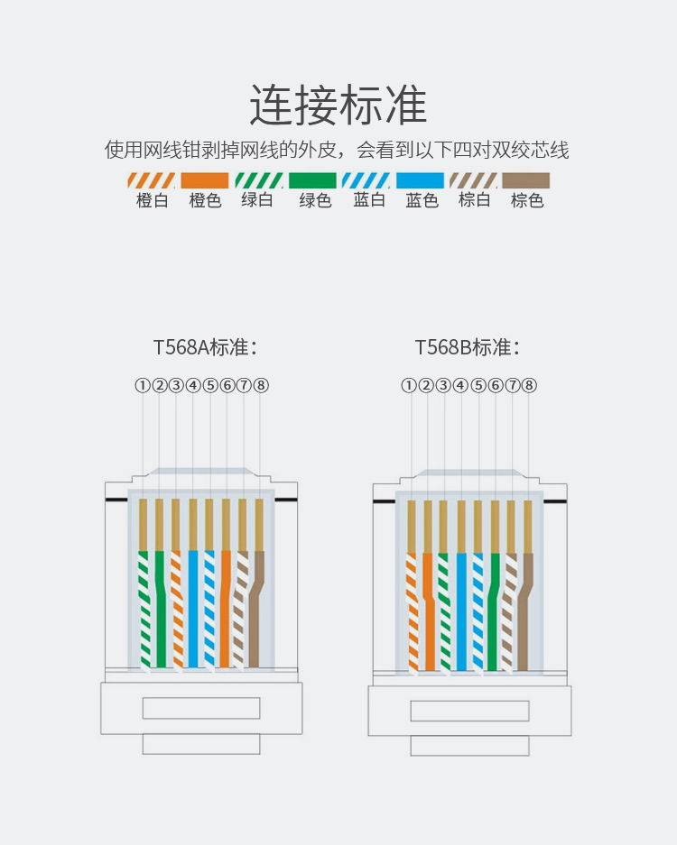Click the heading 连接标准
coord(338,105)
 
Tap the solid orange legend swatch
coord(205,179)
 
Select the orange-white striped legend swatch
coord(151,179)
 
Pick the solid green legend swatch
coord(312,179)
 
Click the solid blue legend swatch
coord(421,179)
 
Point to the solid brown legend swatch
coord(526,179)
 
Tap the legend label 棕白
coord(474,200)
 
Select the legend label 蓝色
coord(422,200)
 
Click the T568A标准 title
coord(205,347)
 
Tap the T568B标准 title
coord(467,347)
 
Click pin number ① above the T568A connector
coord(143,385)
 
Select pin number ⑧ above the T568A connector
coord(261,385)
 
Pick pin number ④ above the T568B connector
coord(460,385)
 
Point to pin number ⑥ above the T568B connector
coord(495,385)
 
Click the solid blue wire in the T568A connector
coord(192,613)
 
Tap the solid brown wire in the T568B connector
coord(524,613)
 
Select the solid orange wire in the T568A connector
coord(225,613)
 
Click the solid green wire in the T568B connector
coord(493,613)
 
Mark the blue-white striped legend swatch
coord(366,179)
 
